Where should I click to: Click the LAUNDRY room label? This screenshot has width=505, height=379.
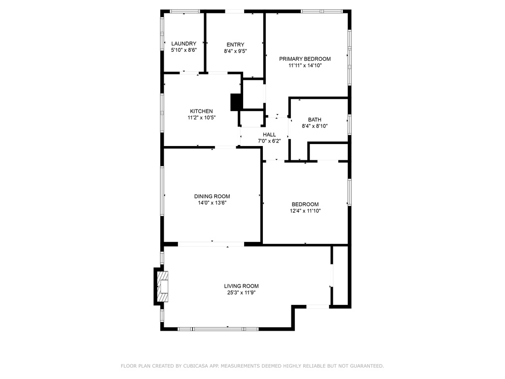pos(183,43)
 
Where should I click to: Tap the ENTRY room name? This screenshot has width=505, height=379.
pos(235,44)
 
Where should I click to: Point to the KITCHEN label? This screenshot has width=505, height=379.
pos(202,111)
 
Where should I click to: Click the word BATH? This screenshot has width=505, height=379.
pos(315,119)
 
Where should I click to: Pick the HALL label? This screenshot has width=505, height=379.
pos(269,134)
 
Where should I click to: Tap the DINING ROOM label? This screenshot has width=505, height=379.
pos(212,196)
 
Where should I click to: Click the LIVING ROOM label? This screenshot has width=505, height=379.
pos(241,286)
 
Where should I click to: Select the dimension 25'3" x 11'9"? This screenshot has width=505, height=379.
pos(241,293)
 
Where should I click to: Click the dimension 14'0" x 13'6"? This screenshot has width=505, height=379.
pos(212,202)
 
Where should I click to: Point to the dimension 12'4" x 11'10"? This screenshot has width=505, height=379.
pos(305,211)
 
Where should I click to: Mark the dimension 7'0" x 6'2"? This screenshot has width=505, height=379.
pos(269,141)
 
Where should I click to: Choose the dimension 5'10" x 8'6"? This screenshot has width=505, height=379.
pos(183,50)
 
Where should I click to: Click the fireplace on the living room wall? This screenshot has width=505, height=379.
pos(162,286)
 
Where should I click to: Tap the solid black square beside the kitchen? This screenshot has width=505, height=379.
pos(236,102)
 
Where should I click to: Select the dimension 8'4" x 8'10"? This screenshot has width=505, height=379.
pos(315,126)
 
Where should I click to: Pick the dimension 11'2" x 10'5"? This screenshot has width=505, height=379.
pos(202,117)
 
